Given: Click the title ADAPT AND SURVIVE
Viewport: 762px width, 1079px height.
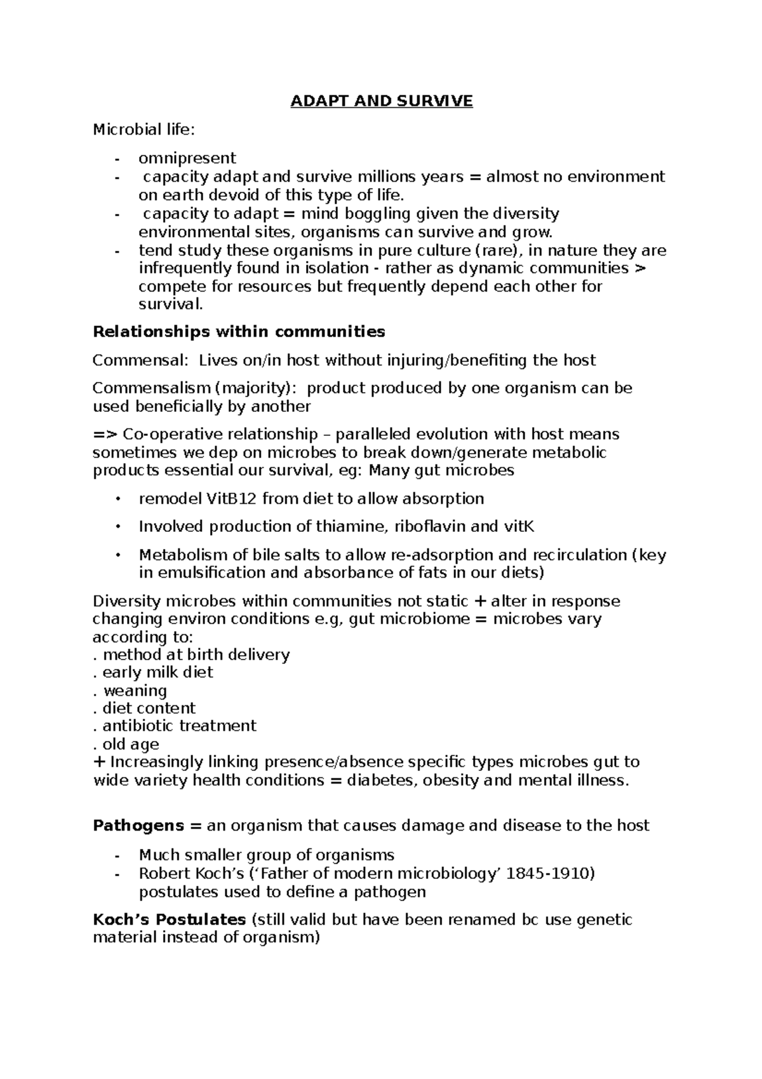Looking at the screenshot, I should pyautogui.click(x=382, y=101).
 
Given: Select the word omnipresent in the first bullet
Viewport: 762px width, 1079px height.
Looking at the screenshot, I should pyautogui.click(x=187, y=158).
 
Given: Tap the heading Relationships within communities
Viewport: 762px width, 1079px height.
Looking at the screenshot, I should pyautogui.click(x=239, y=332).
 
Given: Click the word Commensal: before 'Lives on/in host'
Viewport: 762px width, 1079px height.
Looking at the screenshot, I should pyautogui.click(x=140, y=361).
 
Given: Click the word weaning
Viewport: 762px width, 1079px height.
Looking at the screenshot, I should pyautogui.click(x=135, y=691).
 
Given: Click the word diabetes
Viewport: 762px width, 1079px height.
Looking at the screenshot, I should pyautogui.click(x=380, y=780).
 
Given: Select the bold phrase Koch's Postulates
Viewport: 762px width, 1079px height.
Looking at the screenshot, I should pyautogui.click(x=169, y=920).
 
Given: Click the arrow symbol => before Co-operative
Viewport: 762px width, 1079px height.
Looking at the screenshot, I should pyautogui.click(x=105, y=435).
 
